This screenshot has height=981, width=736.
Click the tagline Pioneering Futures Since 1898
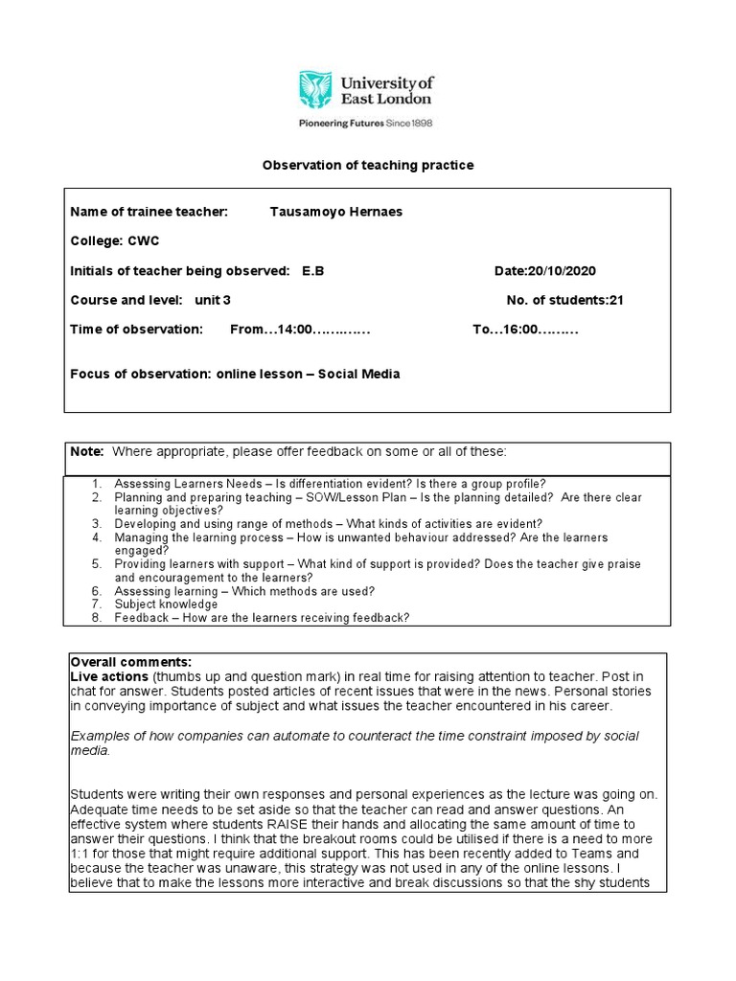pyautogui.click(x=367, y=123)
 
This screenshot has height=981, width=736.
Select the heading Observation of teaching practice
pyautogui.click(x=368, y=166)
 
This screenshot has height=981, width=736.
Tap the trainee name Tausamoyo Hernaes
pyautogui.click(x=335, y=212)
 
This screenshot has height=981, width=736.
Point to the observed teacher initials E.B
pyautogui.click(x=313, y=271)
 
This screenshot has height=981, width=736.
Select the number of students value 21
pyautogui.click(x=616, y=300)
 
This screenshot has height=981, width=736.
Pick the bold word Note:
pyautogui.click(x=87, y=450)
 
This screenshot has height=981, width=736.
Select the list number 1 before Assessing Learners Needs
pyautogui.click(x=97, y=484)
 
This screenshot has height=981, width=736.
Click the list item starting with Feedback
pyautogui.click(x=261, y=618)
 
